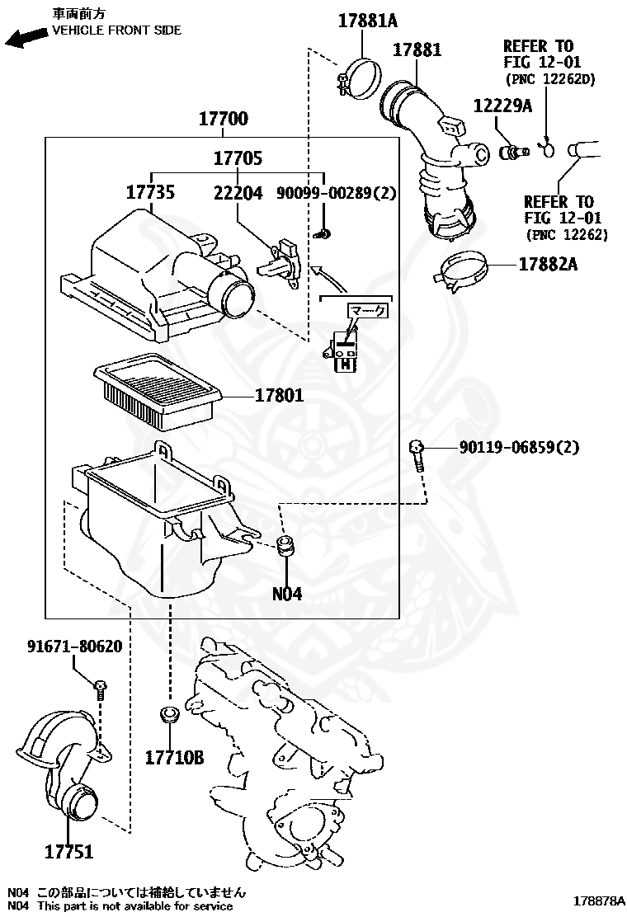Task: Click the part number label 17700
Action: [223, 120]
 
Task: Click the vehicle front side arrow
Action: [26, 38]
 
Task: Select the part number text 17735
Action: [150, 193]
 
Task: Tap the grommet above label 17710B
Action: [168, 713]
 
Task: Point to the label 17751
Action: [69, 852]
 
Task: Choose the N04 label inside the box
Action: [287, 593]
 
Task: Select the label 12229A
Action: [502, 106]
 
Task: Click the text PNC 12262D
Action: [549, 79]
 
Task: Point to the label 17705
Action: [238, 158]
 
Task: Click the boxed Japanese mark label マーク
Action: [367, 310]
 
